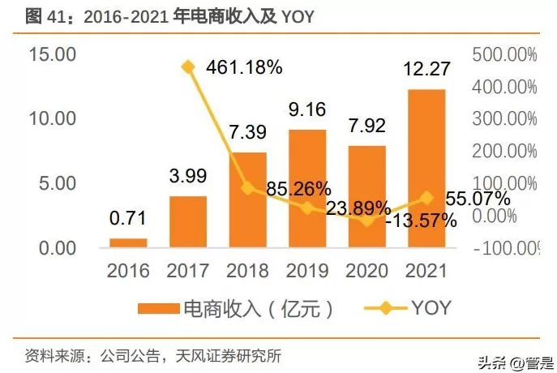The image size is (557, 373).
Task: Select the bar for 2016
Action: click(x=129, y=242)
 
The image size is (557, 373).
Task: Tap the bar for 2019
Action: click(x=307, y=187)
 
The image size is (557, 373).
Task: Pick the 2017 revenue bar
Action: click(x=188, y=221)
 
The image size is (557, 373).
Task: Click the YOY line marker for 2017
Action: click(x=188, y=67)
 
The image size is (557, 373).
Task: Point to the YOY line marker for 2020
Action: click(x=367, y=221)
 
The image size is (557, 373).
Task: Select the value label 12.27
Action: click(x=427, y=74)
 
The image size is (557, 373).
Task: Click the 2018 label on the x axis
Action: click(x=248, y=270)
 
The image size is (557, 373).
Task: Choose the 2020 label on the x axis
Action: click(x=366, y=270)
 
